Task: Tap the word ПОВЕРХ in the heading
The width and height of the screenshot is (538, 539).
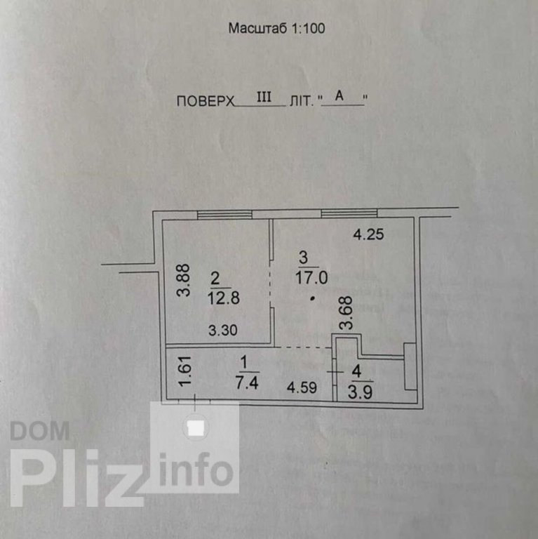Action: click(204, 101)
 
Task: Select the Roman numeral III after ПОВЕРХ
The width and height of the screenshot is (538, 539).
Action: click(264, 98)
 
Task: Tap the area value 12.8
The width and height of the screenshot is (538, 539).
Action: click(224, 297)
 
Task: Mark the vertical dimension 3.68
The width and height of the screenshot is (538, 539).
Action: click(344, 314)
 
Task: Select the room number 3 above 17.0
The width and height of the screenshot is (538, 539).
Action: click(303, 256)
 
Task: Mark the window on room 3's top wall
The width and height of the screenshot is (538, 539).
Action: click(349, 213)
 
